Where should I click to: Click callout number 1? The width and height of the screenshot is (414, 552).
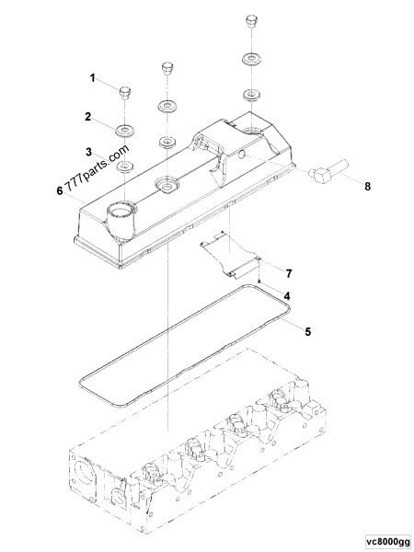point(92,79)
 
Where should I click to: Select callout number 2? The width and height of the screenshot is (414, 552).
point(88,117)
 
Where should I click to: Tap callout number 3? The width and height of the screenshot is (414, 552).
point(88,149)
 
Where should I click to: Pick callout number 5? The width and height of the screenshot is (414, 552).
point(308,328)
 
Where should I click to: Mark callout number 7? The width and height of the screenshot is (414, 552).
point(288,274)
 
